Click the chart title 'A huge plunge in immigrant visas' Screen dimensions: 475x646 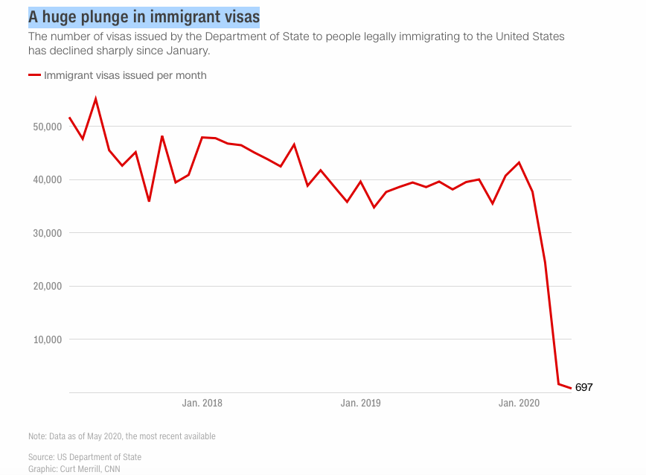click(144, 16)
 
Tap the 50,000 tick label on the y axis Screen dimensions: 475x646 click(46, 127)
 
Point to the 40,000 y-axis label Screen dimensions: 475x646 click(46, 179)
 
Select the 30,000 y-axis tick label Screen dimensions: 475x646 click(46, 233)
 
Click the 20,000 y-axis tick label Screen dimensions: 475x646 click(46, 286)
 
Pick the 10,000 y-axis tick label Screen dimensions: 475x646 click(46, 339)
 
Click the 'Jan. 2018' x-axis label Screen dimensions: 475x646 click(202, 404)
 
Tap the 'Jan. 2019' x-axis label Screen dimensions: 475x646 click(360, 404)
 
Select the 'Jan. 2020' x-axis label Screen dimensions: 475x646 click(519, 404)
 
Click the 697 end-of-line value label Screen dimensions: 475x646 click(584, 387)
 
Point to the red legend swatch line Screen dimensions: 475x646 click(34, 75)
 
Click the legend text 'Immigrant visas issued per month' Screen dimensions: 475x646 click(125, 75)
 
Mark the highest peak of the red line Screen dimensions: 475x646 click(95, 99)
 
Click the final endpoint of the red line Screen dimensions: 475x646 click(571, 388)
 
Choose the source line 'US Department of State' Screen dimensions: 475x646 click(85, 456)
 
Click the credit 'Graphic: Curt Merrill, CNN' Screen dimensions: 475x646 click(74, 469)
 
